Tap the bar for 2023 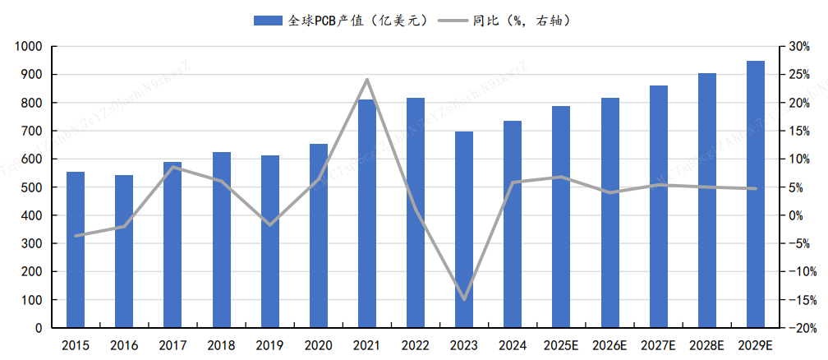click(x=464, y=230)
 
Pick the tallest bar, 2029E click(x=756, y=195)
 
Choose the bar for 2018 click(x=222, y=240)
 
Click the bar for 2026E click(x=610, y=213)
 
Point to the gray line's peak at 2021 click(x=367, y=80)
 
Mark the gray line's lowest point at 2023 click(x=464, y=299)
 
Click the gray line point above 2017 click(x=172, y=167)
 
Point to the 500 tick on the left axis click(x=32, y=187)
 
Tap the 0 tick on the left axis click(x=38, y=328)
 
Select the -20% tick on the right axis click(x=798, y=328)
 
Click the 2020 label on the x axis click(x=319, y=346)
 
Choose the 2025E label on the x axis click(x=562, y=346)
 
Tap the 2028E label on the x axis click(x=707, y=346)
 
